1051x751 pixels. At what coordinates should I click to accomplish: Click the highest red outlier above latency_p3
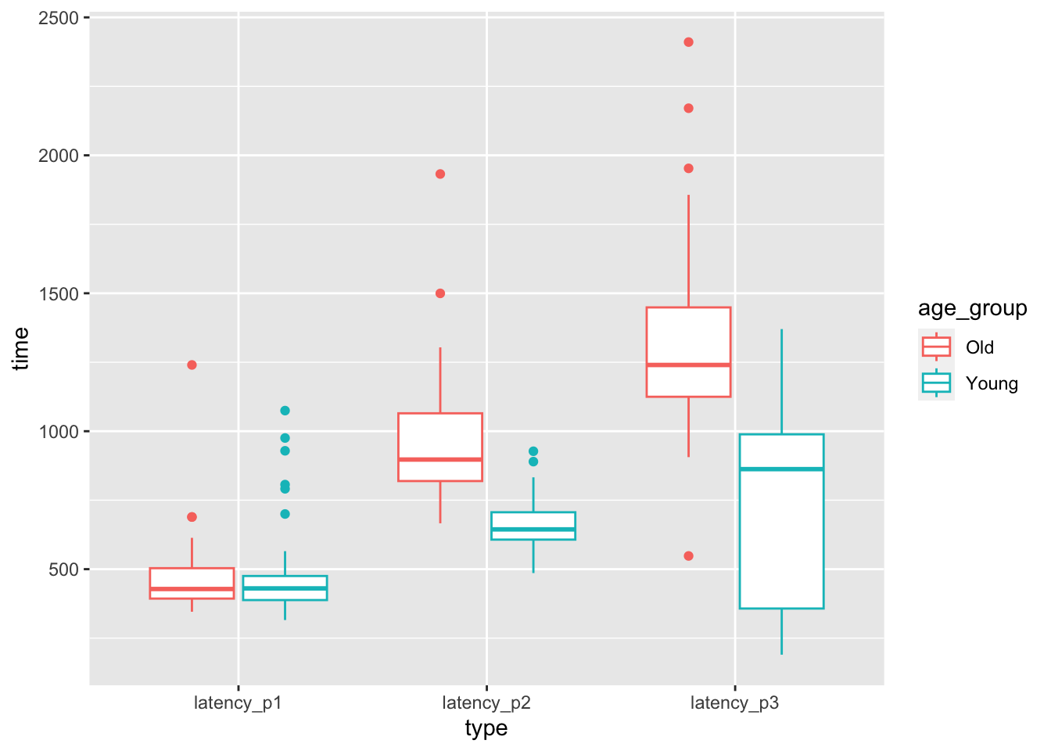(688, 42)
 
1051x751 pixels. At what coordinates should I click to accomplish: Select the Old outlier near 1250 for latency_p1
(192, 365)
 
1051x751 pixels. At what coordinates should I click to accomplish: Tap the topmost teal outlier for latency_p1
(285, 411)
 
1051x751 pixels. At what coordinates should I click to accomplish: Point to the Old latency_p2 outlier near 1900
(440, 174)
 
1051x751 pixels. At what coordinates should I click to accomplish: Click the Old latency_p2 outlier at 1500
(440, 293)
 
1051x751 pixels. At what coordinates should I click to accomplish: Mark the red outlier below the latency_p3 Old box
(688, 556)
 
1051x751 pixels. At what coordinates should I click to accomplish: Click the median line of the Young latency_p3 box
(781, 469)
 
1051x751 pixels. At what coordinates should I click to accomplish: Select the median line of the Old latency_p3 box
(688, 365)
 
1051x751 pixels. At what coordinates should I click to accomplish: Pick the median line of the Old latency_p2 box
(440, 459)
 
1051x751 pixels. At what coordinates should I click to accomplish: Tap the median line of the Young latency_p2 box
(533, 530)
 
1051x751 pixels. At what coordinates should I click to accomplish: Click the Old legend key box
(936, 347)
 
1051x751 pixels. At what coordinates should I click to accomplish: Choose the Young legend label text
(992, 383)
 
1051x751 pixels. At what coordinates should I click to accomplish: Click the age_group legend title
(972, 309)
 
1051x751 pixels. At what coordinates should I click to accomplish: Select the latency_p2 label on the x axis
(486, 702)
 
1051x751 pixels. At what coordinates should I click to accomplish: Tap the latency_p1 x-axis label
(238, 702)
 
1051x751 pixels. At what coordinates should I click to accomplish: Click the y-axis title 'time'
(21, 348)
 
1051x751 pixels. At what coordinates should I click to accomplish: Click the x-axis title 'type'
(486, 729)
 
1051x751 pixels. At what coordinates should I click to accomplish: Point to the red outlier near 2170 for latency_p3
(688, 108)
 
